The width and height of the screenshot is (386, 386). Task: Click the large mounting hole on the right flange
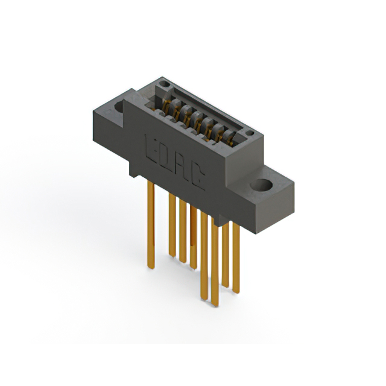tap(262, 185)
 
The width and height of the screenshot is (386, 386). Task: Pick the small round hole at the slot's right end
tap(250, 131)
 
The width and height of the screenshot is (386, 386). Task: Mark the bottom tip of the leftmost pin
tap(151, 267)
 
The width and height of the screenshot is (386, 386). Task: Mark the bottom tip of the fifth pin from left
tap(204, 297)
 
